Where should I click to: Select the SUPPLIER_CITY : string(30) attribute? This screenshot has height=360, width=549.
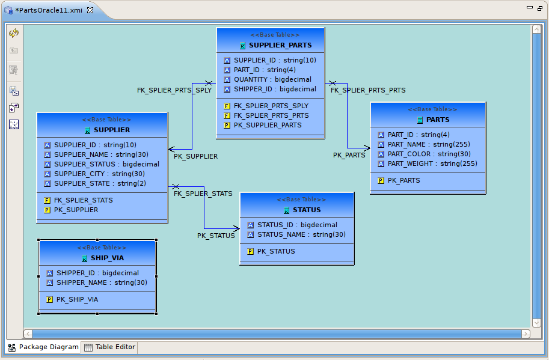click(99, 174)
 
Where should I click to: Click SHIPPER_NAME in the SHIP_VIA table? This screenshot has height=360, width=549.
click(102, 282)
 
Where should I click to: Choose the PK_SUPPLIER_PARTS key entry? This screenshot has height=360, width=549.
click(268, 125)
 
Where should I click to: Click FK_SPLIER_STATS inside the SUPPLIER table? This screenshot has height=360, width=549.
click(83, 200)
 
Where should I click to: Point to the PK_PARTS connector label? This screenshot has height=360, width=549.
click(349, 155)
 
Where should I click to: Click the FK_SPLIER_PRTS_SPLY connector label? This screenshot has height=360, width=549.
click(174, 90)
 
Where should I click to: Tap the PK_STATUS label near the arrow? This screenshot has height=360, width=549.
click(216, 236)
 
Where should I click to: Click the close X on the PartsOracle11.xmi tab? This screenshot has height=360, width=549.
click(90, 11)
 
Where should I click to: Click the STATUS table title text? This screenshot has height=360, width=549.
click(307, 210)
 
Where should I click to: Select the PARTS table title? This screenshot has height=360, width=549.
click(438, 120)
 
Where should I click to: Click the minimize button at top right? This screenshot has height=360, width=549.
click(530, 8)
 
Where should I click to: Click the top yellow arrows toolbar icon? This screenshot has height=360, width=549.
click(14, 33)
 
